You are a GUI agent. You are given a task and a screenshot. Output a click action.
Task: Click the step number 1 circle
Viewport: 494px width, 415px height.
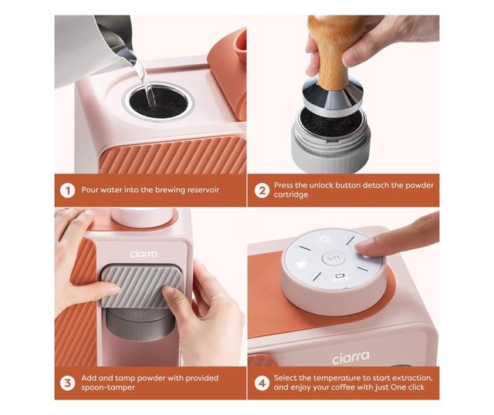(x=67, y=191)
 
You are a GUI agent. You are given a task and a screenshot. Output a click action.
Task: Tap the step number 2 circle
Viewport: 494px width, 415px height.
(x=262, y=191)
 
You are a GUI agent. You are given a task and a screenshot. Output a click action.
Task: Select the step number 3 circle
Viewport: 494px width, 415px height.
(x=67, y=383)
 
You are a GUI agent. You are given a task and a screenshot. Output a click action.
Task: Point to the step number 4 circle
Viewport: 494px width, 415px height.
(x=262, y=383)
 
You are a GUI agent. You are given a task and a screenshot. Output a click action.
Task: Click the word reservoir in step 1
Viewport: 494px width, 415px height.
(x=203, y=190)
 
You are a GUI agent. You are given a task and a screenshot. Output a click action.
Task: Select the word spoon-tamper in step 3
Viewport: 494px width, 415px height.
(x=108, y=387)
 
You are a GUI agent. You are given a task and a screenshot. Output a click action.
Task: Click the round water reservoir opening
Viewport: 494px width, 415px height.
(x=159, y=102)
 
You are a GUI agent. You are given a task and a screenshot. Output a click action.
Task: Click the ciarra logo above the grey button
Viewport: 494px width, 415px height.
(x=144, y=254)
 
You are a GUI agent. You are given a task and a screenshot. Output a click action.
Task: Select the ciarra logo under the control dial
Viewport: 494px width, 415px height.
(x=350, y=357)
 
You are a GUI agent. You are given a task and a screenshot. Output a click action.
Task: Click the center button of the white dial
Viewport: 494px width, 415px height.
(x=334, y=258)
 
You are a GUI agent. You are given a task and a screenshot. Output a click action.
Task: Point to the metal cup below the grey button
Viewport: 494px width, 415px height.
(x=140, y=324)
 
